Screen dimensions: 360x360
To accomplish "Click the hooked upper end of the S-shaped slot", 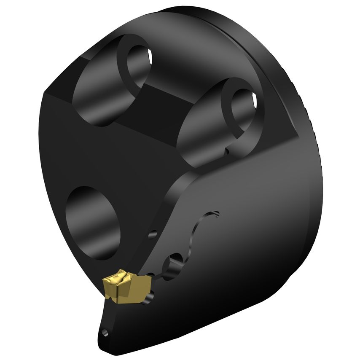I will coord(215,213).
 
